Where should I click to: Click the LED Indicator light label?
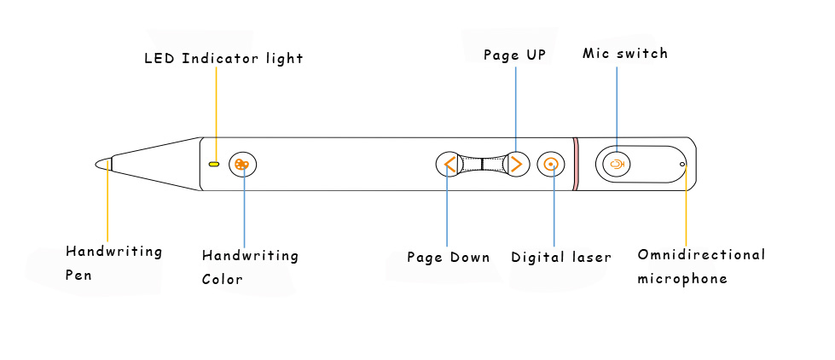pyautogui.click(x=223, y=59)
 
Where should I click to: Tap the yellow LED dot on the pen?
pyautogui.click(x=214, y=163)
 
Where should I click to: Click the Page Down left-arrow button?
pyautogui.click(x=449, y=164)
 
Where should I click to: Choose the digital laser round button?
pyautogui.click(x=552, y=164)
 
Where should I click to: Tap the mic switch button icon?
pyautogui.click(x=617, y=163)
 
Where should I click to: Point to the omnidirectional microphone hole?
pyautogui.click(x=682, y=162)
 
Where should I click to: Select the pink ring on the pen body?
pyautogui.click(x=576, y=163)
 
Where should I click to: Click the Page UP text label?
pyautogui.click(x=514, y=55)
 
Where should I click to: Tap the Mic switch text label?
pyautogui.click(x=625, y=54)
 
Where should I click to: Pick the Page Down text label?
pyautogui.click(x=449, y=257)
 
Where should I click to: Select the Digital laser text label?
pyautogui.click(x=561, y=257)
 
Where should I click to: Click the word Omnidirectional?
pyautogui.click(x=701, y=255)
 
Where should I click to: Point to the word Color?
pyautogui.click(x=223, y=279)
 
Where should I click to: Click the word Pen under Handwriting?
pyautogui.click(x=79, y=276)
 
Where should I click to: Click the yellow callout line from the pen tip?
pyautogui.click(x=107, y=205)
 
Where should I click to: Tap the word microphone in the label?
pyautogui.click(x=682, y=279)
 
